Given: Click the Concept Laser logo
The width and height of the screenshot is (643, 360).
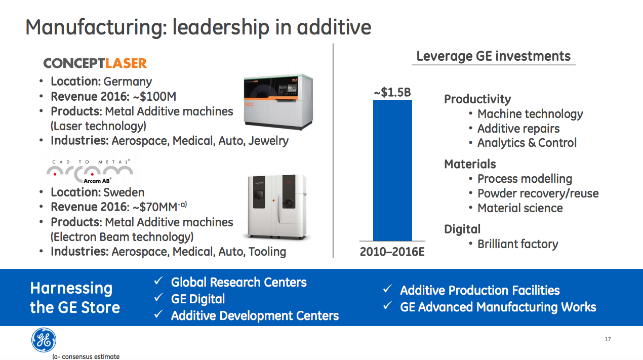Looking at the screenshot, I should coord(95,63).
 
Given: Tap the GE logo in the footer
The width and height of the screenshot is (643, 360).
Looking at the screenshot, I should coord(44,340).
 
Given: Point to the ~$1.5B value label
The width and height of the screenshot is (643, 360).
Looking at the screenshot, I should coord(392,93).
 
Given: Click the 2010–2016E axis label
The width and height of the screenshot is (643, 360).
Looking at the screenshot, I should coord(392,252).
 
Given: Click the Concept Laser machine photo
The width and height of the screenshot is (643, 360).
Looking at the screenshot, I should coord(278,101).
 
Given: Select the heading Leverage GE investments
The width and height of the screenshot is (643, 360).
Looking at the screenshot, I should coord(493,56).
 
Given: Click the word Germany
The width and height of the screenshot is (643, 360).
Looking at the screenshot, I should coord(128,82).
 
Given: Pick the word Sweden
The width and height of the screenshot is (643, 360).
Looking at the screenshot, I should coord(124,192).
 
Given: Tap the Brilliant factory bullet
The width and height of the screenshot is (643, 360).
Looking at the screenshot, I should coord(517,244).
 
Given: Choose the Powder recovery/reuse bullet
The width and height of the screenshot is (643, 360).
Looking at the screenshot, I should coord(538,193).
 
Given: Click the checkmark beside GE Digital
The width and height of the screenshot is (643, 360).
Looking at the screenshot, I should coord(158,299).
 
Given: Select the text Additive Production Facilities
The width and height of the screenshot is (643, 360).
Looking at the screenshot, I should coord(479,291).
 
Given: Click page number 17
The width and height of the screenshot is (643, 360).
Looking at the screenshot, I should coord(608,339).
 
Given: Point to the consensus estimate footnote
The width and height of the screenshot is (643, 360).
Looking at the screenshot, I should coord(86,356).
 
